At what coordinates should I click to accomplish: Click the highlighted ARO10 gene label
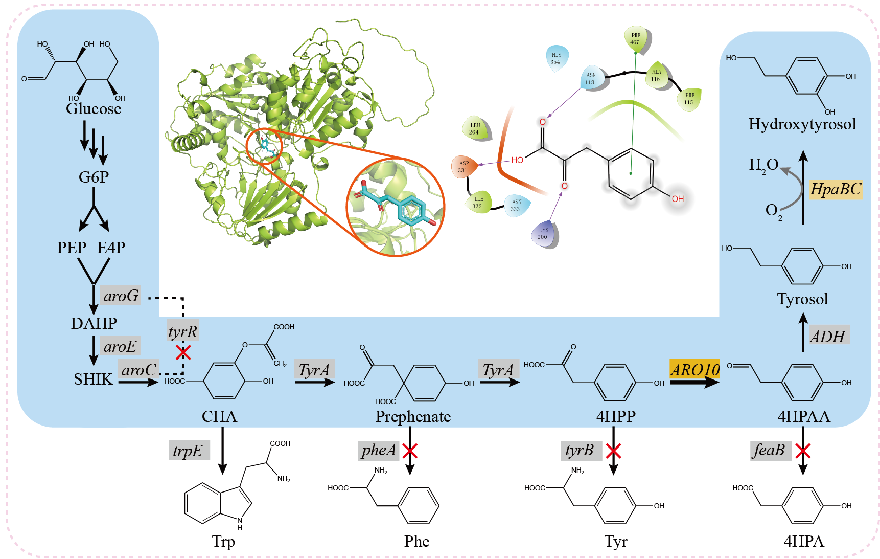coord(695,369)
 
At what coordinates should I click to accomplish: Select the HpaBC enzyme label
coord(836,189)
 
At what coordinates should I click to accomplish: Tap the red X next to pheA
coord(410,451)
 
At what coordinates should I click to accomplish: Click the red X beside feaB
coord(803,451)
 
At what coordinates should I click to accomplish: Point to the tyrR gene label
coord(182,331)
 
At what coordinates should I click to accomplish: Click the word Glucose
coord(94,109)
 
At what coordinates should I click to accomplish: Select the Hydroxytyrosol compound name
coord(802,124)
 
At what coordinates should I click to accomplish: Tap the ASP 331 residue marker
coord(464,167)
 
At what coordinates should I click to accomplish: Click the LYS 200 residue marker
coord(544,234)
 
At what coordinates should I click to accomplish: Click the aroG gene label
coord(121,296)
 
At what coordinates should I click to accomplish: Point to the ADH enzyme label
coord(828,336)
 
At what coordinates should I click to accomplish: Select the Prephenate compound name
coord(413,417)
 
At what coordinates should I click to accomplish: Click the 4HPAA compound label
coord(803,417)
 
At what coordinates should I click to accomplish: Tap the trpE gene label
coord(188,451)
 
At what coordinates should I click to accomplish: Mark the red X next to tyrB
coord(613,451)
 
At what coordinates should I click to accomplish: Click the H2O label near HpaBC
coord(763,165)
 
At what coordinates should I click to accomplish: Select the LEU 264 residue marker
coord(475,129)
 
